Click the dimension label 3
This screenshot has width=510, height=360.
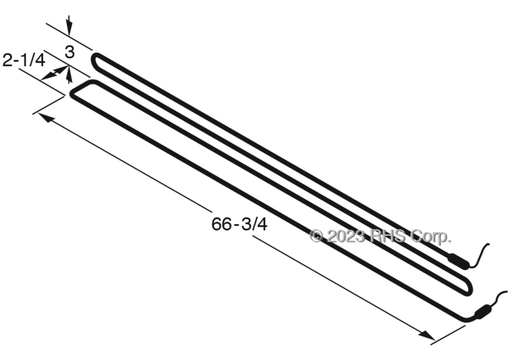69,52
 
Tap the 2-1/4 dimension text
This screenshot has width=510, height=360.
24,60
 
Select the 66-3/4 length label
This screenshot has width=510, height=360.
240,224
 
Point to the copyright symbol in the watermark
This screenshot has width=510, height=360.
316,236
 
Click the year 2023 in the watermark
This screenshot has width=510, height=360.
346,236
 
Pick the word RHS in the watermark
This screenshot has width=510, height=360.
388,236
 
